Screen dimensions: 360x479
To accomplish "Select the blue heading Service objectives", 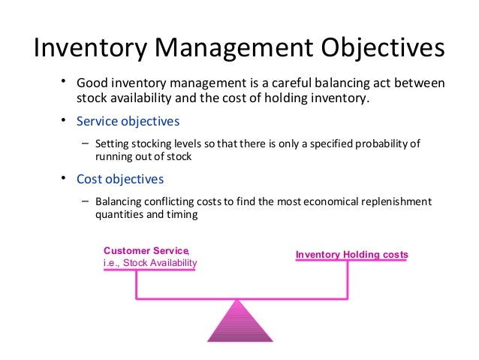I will pos(128,121).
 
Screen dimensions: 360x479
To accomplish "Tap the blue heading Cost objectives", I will pos(120,180).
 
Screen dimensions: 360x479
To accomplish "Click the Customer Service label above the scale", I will pos(146,250).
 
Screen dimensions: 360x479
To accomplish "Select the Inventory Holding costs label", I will pos(351,255).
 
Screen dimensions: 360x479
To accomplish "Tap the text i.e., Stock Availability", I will pos(150,262).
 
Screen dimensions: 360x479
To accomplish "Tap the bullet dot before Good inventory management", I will pos(65,81).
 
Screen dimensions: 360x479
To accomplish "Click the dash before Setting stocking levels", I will pos(84,143).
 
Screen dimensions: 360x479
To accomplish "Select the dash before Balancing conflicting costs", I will pos(84,201).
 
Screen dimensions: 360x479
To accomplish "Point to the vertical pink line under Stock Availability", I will pos(136,285).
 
